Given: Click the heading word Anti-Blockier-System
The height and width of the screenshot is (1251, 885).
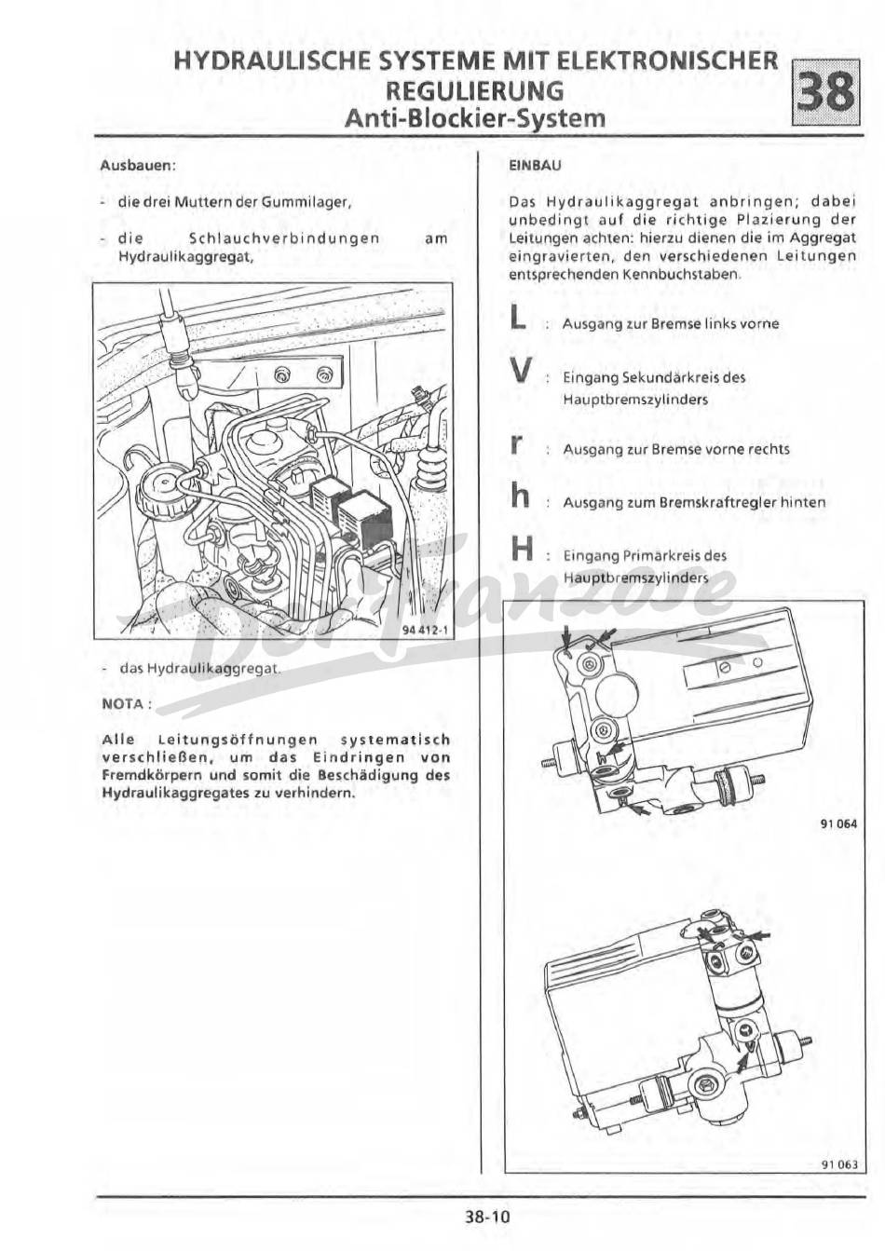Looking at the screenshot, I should click(474, 118).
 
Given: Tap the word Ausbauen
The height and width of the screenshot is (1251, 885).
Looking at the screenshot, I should click(138, 166).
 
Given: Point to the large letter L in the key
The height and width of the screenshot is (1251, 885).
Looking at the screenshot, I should click(519, 320).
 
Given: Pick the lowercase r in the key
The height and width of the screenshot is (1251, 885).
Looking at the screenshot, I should click(516, 446).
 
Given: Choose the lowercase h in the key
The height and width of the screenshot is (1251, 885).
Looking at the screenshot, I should click(520, 498).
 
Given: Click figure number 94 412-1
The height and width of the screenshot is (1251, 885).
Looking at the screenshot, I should click(425, 630).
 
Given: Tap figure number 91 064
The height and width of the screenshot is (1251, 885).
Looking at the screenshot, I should click(838, 823).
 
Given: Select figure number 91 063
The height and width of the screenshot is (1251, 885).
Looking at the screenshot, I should click(838, 1163).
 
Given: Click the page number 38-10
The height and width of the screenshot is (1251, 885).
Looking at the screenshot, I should click(487, 1216).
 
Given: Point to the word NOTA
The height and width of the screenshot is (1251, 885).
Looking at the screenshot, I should click(123, 703).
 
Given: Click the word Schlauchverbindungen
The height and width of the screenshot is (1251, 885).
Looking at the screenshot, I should click(284, 238).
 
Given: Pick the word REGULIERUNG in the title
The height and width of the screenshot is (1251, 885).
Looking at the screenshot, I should click(475, 90).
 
